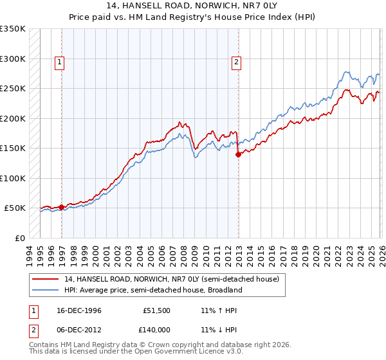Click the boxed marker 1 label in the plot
(x=59, y=62)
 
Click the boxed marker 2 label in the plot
(x=236, y=62)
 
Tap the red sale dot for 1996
(x=61, y=207)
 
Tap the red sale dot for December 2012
(x=238, y=154)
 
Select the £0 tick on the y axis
(x=19, y=238)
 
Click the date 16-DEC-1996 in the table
(x=79, y=310)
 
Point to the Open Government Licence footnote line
(x=136, y=353)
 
